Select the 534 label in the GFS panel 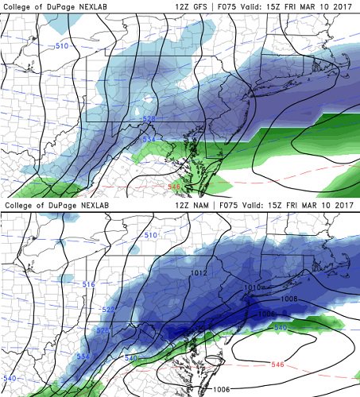pos(149,139)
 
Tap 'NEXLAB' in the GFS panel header pos(90,6)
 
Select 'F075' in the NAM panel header pos(232,205)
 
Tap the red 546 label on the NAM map pos(277,364)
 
